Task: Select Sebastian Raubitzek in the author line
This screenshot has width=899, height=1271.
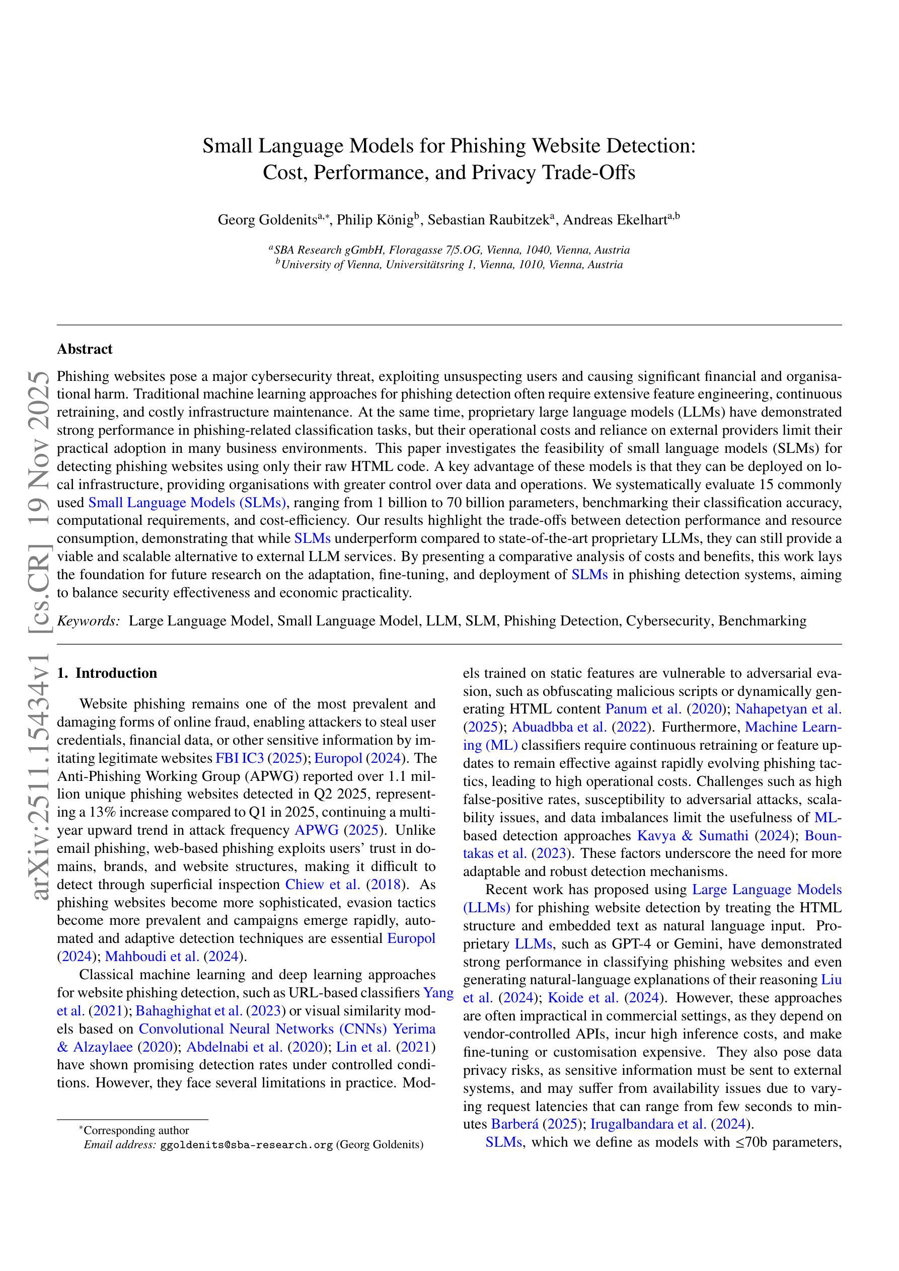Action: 487,220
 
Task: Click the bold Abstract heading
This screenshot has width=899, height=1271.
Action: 85,349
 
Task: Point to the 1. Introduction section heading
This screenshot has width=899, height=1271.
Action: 107,673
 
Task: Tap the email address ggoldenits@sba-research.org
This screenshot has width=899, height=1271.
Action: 247,1145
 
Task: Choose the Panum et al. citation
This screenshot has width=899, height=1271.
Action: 643,709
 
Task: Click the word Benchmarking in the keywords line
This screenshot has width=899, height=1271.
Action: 762,620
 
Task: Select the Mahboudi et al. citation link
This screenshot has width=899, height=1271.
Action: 153,957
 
